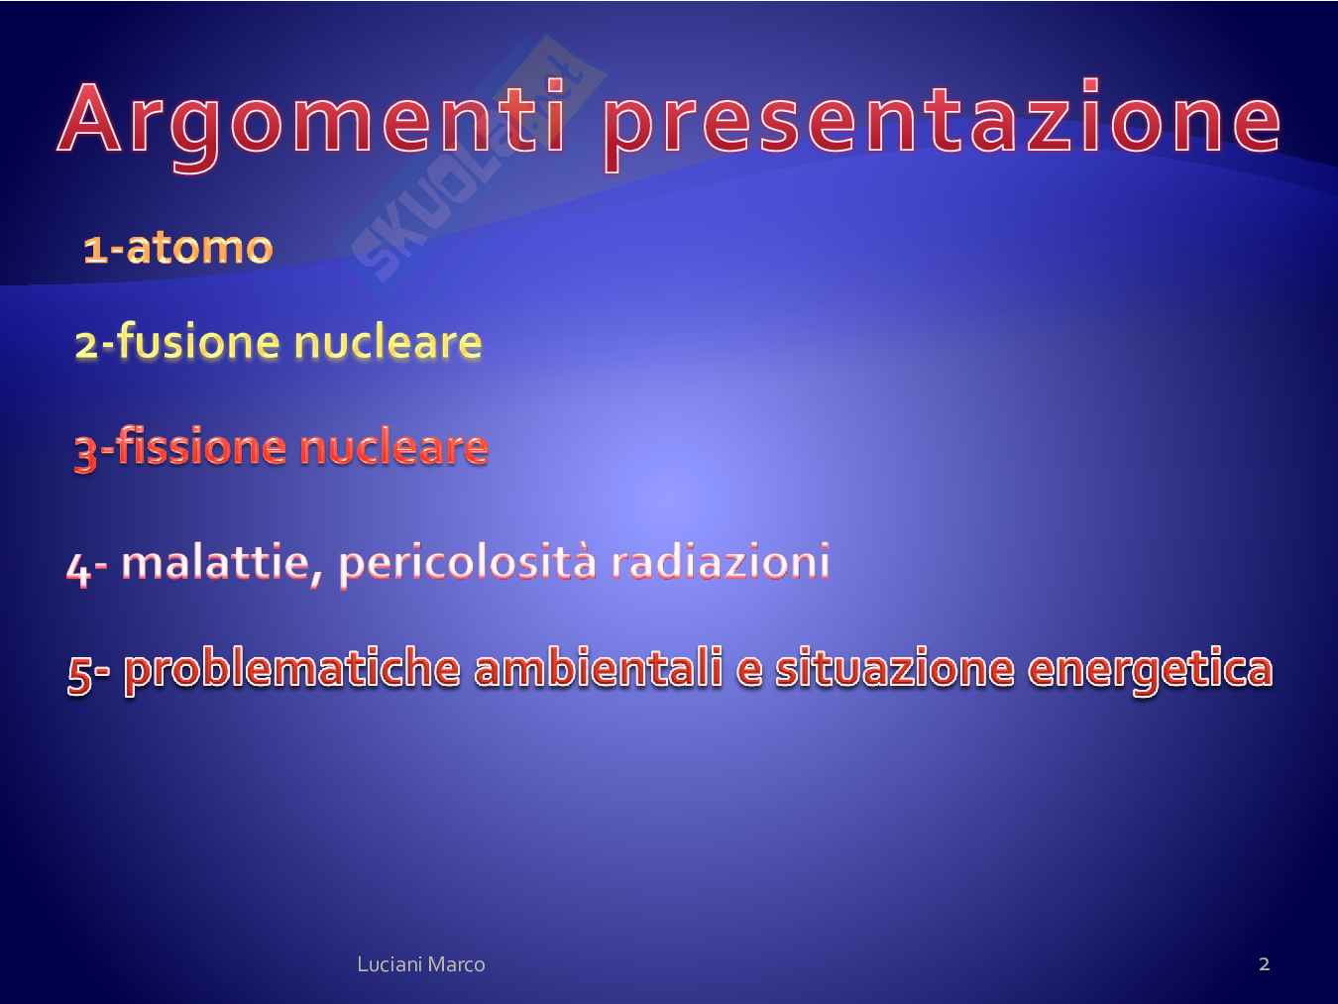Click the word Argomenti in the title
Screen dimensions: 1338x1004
point(312,124)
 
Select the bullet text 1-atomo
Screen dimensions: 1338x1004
point(178,248)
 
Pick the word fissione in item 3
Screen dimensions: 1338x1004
point(200,446)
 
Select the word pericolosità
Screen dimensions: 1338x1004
point(467,563)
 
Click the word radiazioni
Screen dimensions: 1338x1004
point(721,561)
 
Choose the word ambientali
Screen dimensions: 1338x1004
point(599,668)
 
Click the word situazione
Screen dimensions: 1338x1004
point(895,669)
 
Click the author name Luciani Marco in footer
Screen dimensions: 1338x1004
point(421,964)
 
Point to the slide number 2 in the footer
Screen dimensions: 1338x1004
point(1265,963)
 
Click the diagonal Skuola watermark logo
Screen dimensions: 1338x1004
point(479,159)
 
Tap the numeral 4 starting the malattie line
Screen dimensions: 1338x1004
point(78,570)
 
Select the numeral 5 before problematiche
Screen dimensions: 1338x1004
point(79,675)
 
